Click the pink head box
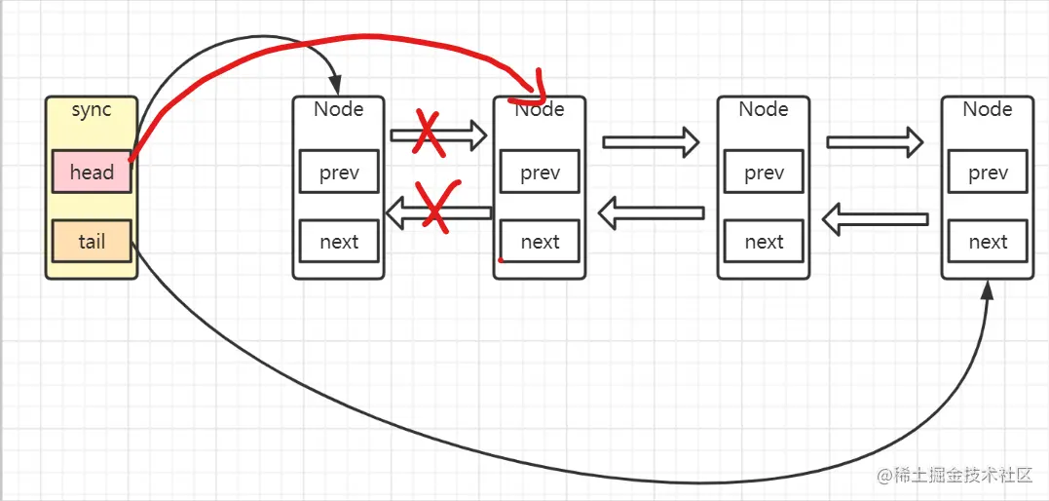92,173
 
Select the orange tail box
92,241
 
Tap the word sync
92,110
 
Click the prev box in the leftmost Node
339,173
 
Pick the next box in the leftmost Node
339,241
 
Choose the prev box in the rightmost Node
988,173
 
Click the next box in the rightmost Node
988,241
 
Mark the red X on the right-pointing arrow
429,134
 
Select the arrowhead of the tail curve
988,290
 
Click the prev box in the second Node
540,173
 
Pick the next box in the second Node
540,241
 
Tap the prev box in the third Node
764,173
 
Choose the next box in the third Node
764,241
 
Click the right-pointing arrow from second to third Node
651,141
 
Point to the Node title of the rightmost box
988,109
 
